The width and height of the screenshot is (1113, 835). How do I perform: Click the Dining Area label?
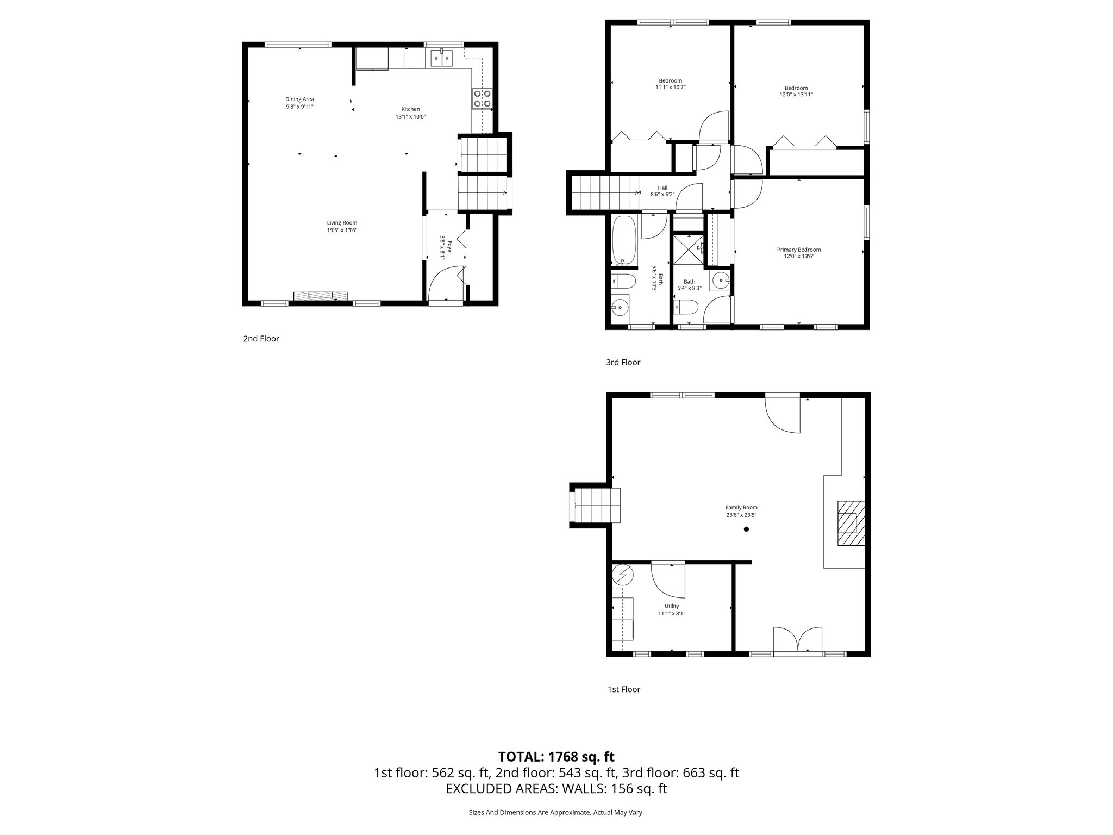point(300,99)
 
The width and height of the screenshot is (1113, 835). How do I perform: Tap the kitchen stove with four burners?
point(482,98)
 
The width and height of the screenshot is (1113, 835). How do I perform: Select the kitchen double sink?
point(441,58)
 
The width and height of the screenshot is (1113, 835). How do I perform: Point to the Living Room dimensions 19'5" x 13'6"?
point(342,230)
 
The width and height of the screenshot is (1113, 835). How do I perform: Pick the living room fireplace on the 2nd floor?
point(320,295)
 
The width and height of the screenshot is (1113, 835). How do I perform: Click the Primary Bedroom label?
point(798,250)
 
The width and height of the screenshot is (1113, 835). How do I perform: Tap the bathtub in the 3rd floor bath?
point(624,241)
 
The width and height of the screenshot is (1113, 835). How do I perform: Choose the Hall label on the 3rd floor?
point(662,188)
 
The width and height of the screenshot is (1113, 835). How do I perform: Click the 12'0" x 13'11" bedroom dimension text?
point(796,95)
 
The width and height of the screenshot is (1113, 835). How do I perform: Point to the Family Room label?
point(741,507)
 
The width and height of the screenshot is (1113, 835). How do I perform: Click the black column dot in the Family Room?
point(746,529)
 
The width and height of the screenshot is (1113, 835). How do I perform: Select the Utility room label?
point(672,606)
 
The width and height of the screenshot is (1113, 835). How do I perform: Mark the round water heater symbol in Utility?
point(623,574)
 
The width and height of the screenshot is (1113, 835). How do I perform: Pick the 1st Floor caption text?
point(623,689)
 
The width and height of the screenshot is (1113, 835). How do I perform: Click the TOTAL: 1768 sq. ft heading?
point(556,757)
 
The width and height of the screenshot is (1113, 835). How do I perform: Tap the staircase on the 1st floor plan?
point(597,506)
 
